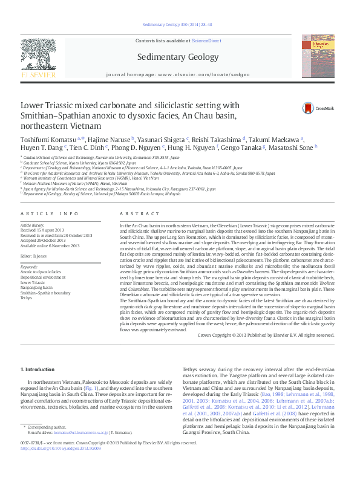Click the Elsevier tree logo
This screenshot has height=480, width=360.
point(38,57)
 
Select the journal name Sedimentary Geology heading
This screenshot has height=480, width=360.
point(180,59)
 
